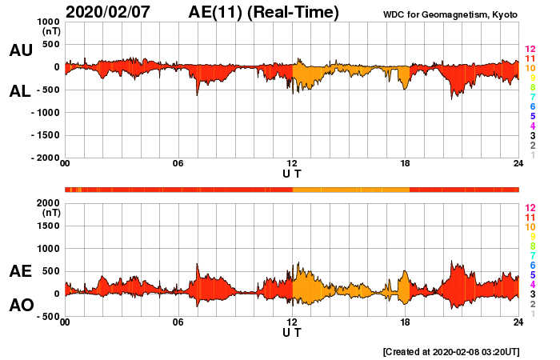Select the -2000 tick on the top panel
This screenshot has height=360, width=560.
click(45, 158)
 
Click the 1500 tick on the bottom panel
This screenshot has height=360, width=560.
click(47, 226)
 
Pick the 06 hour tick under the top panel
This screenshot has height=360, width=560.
click(178, 164)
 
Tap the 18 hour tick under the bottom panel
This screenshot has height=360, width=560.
click(405, 322)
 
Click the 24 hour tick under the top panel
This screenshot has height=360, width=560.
click(518, 164)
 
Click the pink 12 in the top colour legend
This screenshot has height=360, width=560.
click(529, 50)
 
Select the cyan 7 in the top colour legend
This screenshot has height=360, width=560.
click(531, 97)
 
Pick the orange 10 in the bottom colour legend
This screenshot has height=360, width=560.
click(529, 227)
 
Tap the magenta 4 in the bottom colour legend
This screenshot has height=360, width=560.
click(531, 284)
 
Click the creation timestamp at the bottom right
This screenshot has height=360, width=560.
click(450, 351)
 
